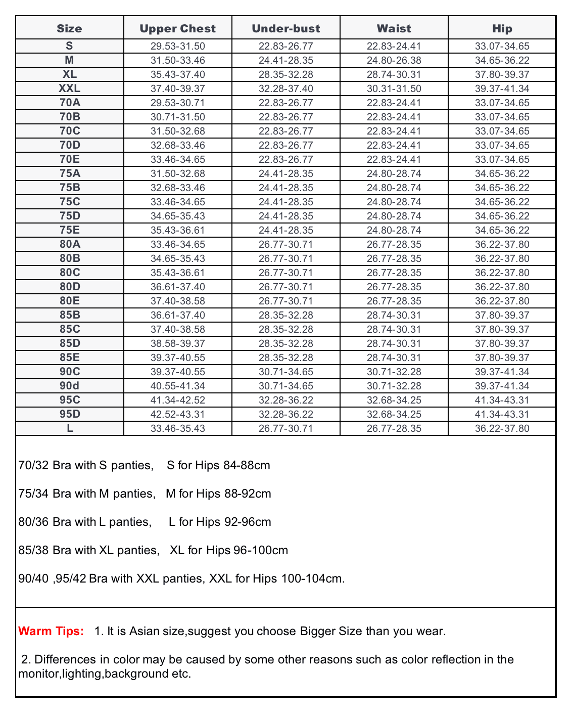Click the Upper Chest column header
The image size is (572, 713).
coord(177,29)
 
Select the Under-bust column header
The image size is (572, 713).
coord(286,29)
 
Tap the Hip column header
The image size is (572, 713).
coord(502,29)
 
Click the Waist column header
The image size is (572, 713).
coord(394,29)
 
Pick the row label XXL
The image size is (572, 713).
coord(70,88)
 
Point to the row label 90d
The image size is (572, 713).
coord(70,386)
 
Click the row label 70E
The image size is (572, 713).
coord(70,159)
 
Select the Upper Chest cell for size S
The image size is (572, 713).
coord(177,46)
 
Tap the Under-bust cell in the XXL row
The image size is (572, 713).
coord(286,88)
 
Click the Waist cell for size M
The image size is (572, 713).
coord(394,60)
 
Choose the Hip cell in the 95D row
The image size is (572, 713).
coord(502,414)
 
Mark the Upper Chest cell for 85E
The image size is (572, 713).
coord(177,358)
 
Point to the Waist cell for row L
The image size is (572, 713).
coord(394,428)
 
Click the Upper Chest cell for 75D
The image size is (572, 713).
coord(177,216)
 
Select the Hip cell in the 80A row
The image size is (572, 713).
coord(502,244)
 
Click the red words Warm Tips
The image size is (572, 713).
coord(51,631)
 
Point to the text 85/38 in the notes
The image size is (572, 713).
coord(33,550)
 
